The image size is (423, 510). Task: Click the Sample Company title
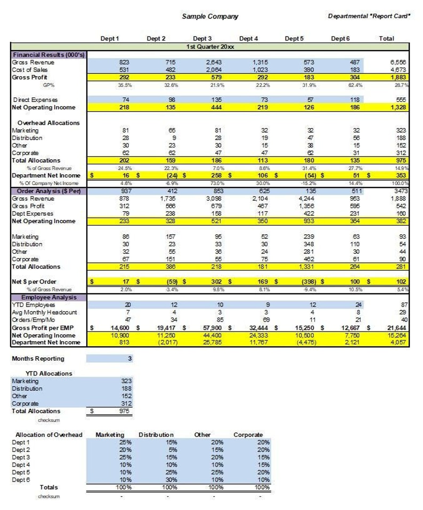click(x=210, y=17)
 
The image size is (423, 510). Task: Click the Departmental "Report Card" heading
click(x=369, y=16)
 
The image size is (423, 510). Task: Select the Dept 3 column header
click(x=202, y=39)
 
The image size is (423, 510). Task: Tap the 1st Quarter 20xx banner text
click(x=210, y=47)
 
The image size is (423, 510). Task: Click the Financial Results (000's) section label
click(x=49, y=55)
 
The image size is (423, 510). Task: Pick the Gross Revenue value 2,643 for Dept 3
click(x=214, y=62)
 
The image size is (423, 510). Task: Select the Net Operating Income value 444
click(x=216, y=107)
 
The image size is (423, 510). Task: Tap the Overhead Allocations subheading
click(x=48, y=123)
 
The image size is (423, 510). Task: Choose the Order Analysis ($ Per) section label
click(x=49, y=191)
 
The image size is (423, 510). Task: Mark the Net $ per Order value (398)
click(x=309, y=282)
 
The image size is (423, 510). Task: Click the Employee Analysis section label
click(x=49, y=297)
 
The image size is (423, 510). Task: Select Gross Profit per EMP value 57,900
click(x=212, y=328)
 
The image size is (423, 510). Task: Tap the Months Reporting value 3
click(x=130, y=359)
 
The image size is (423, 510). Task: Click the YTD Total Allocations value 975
click(x=124, y=411)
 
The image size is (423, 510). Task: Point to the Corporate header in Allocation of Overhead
click(x=248, y=435)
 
